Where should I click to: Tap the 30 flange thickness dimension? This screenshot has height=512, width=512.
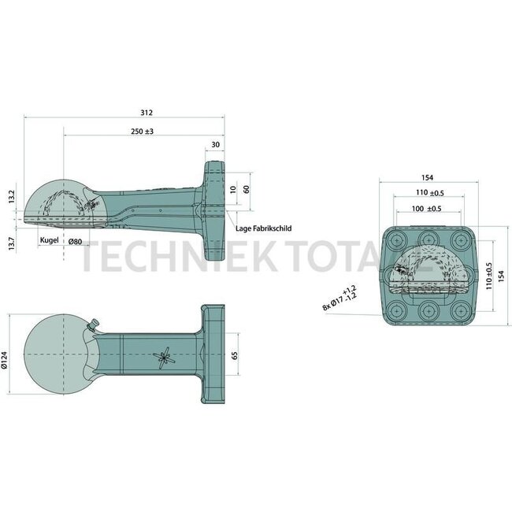click(x=216, y=145)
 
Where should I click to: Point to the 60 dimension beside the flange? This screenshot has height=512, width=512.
click(x=247, y=189)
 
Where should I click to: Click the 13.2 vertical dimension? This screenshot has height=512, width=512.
click(x=10, y=194)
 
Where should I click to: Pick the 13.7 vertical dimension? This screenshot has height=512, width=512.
click(x=10, y=244)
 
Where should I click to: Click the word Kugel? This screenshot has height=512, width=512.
click(x=49, y=240)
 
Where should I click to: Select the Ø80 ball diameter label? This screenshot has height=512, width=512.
click(x=76, y=240)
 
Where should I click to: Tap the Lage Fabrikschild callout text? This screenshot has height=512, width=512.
click(x=264, y=228)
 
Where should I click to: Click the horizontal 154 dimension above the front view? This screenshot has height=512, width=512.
click(x=429, y=177)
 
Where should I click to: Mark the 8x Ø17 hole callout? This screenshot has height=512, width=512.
click(x=339, y=298)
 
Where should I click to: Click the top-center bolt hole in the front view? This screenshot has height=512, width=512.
click(x=429, y=238)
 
